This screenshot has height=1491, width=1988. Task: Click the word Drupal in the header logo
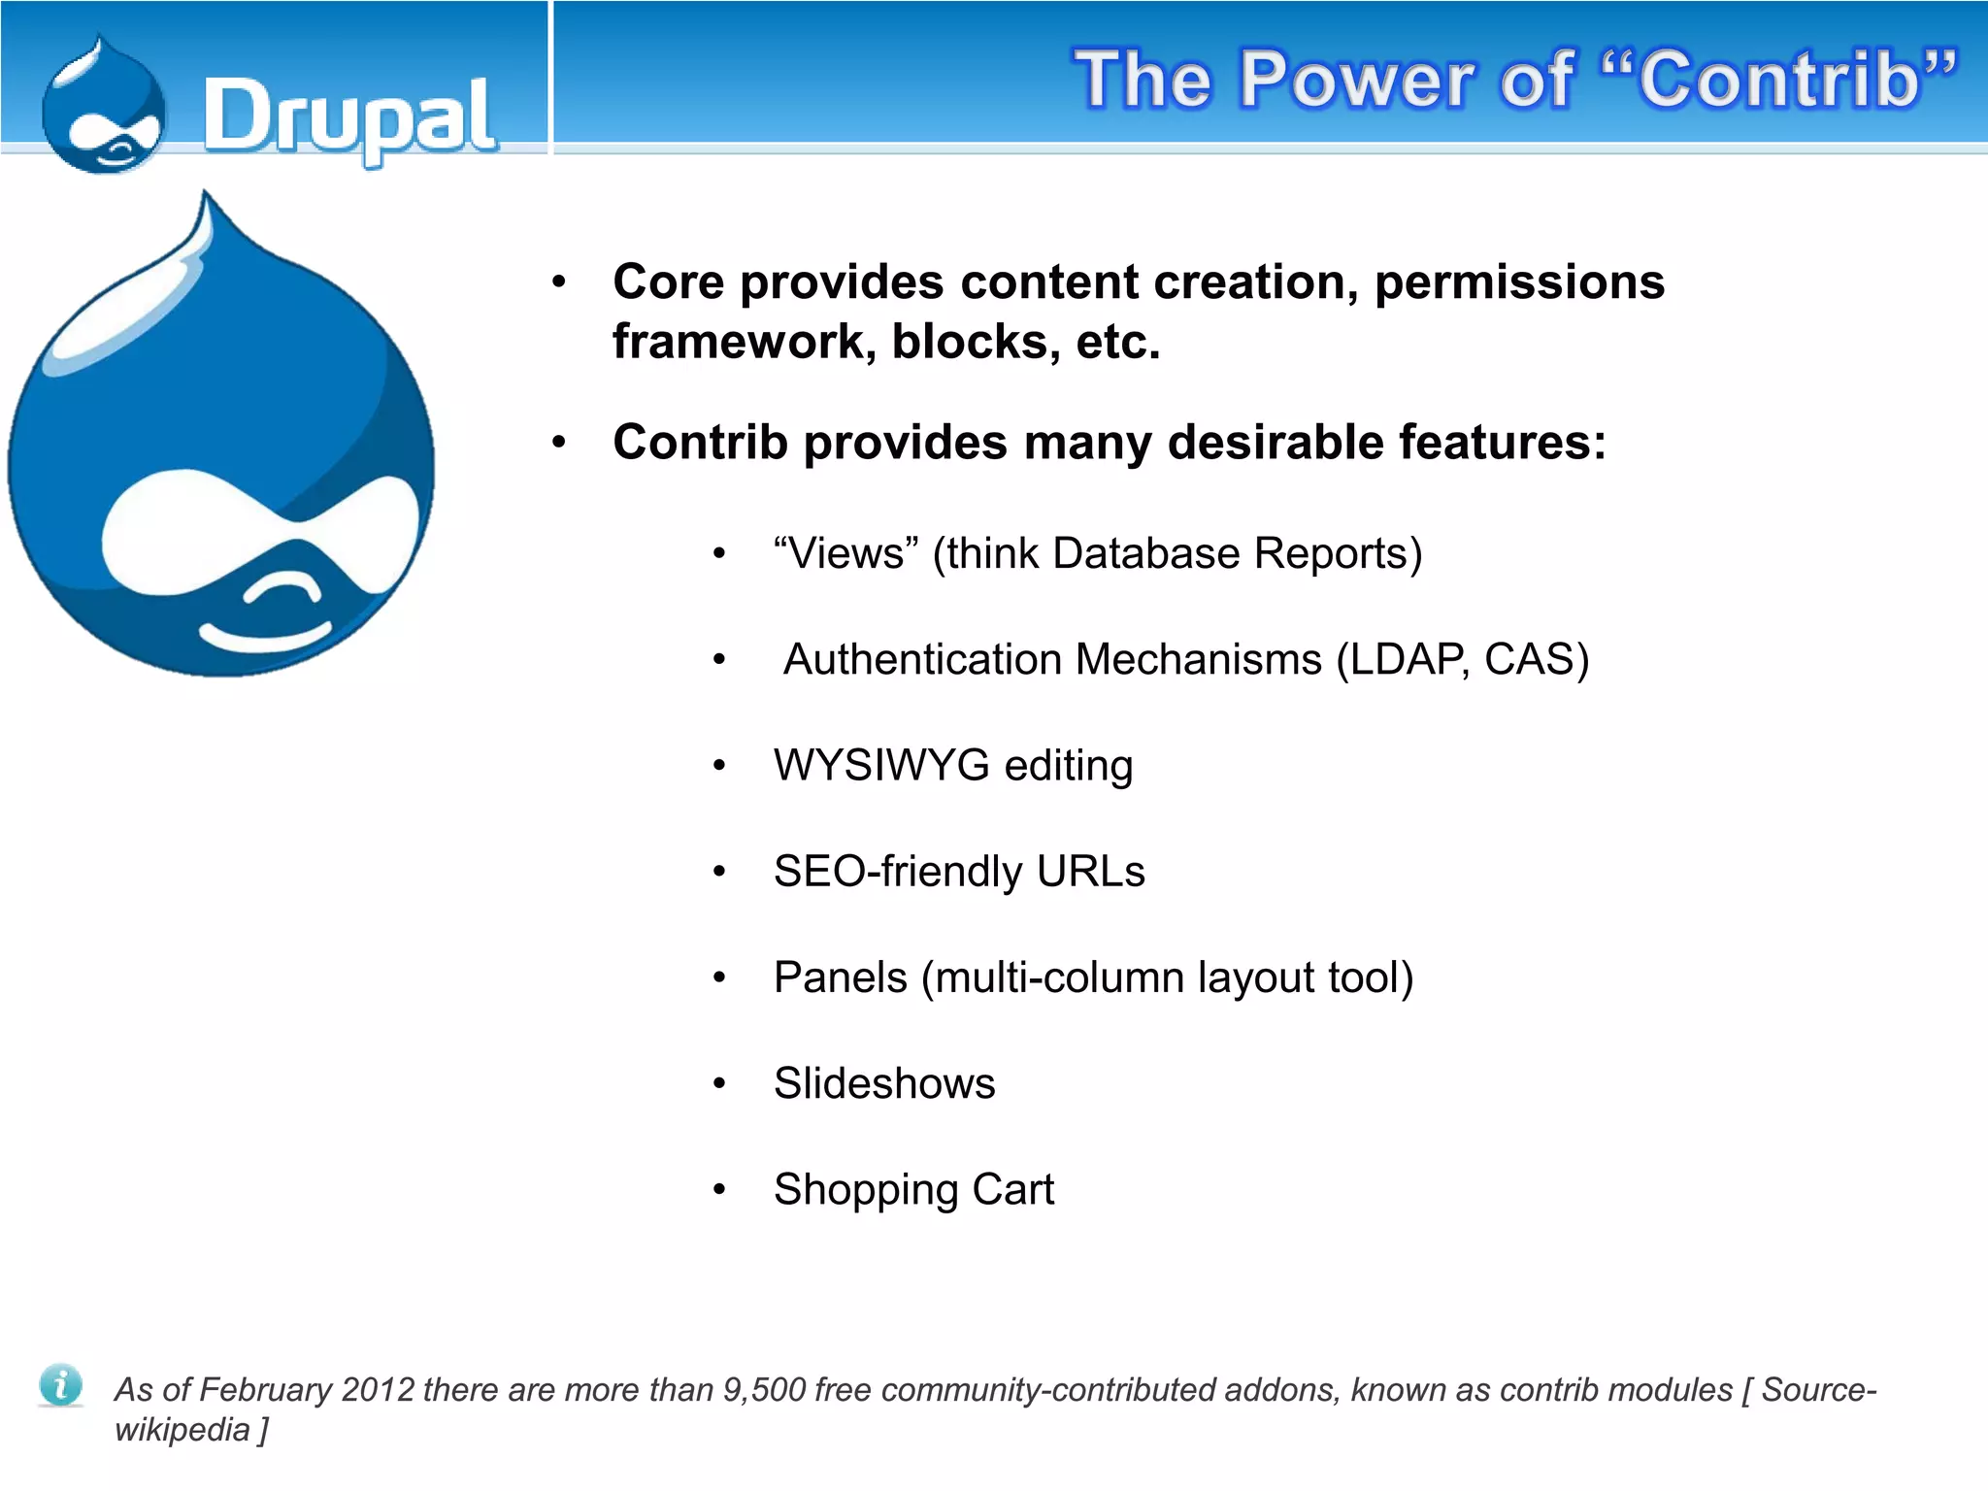(349, 117)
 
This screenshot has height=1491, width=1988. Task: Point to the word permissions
(1519, 282)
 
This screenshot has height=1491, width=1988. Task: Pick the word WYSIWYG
(880, 766)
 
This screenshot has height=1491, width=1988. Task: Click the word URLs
(1090, 872)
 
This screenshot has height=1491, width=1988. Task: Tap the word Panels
(840, 977)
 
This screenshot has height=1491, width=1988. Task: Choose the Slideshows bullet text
(883, 1083)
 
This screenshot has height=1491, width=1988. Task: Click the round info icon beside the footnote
(60, 1384)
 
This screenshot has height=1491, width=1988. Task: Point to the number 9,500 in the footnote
(764, 1390)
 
